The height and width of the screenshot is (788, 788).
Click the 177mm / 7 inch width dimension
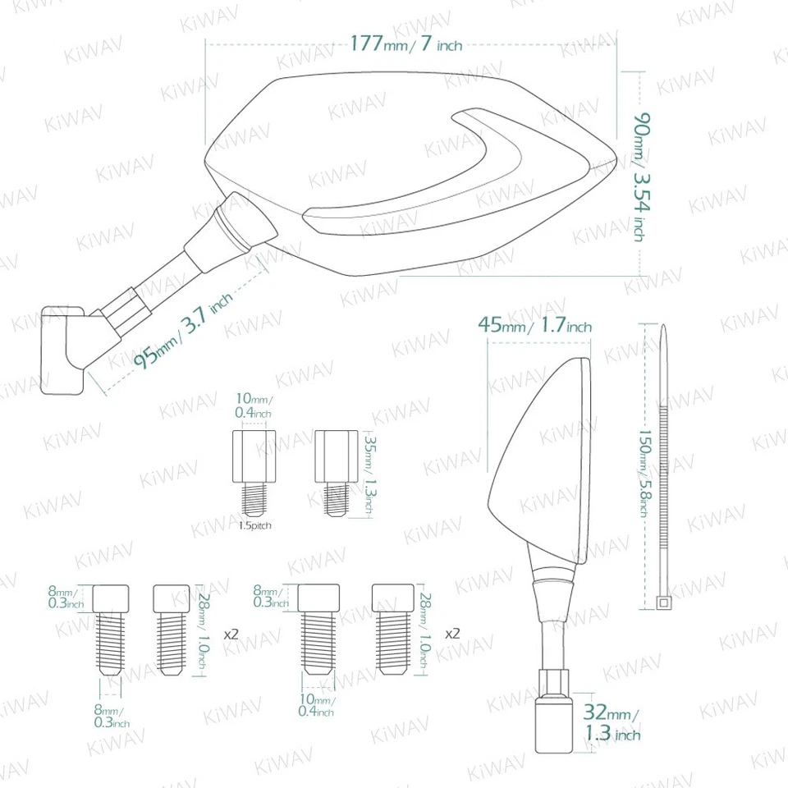[x=405, y=43]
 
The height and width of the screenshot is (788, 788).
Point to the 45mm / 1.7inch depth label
[x=534, y=326]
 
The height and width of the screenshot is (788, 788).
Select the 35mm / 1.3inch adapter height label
[x=364, y=475]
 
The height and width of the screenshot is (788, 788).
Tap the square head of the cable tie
[x=662, y=604]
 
